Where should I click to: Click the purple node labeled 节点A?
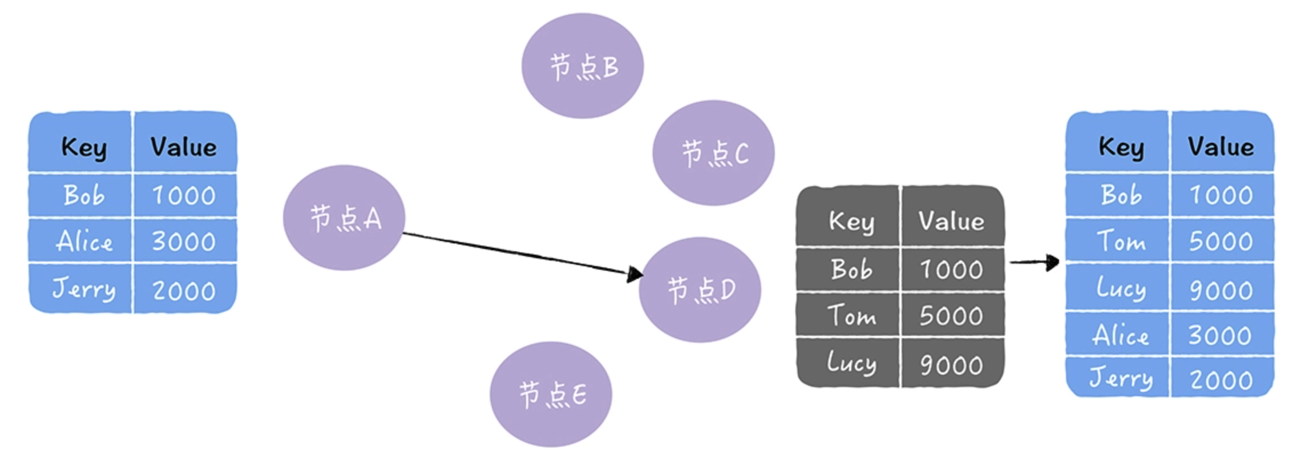(x=344, y=218)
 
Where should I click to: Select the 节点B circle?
(x=583, y=66)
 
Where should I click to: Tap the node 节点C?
(x=713, y=153)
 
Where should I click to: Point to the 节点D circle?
(x=700, y=290)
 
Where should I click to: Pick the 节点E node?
(x=551, y=394)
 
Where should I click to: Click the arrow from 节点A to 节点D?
(x=519, y=253)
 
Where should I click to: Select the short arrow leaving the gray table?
(x=1033, y=262)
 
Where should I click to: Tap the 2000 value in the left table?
(x=184, y=290)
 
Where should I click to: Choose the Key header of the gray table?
(x=850, y=221)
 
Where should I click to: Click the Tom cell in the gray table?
(x=850, y=315)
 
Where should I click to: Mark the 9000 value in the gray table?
(x=951, y=364)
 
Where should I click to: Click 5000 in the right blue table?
(x=1221, y=241)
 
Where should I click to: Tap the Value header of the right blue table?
(x=1221, y=147)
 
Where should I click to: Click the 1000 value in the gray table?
(x=951, y=269)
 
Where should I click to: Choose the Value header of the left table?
(x=184, y=147)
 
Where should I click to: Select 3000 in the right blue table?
(x=1221, y=335)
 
